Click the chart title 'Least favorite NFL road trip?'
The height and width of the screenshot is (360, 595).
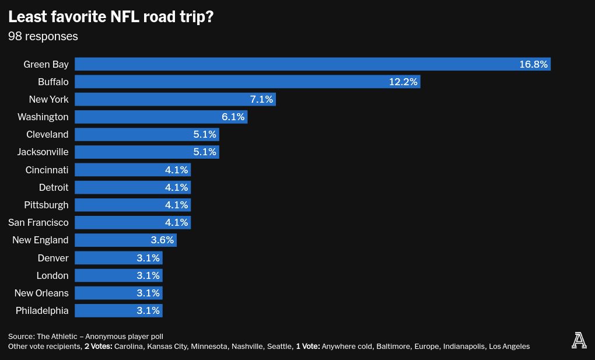pos(111,17)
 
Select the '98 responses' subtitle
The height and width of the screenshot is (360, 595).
pos(43,36)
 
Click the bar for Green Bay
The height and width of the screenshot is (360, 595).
pos(292,64)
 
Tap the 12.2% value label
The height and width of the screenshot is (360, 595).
pos(403,82)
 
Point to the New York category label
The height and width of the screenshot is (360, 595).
pos(48,99)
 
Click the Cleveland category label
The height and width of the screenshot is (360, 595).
pos(47,134)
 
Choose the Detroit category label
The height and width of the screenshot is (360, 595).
pos(54,187)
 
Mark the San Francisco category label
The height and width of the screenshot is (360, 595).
pos(38,222)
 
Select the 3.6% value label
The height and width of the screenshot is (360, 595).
pos(162,240)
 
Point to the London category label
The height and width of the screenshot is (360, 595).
pos(52,275)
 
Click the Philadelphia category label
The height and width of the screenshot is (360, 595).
pos(42,310)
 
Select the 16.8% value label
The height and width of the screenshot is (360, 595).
pos(533,64)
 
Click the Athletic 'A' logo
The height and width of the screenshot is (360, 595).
pos(579,340)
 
